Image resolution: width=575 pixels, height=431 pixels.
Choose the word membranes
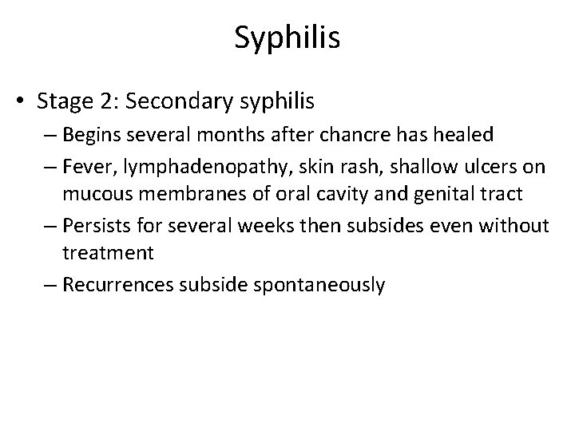(x=198, y=194)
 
